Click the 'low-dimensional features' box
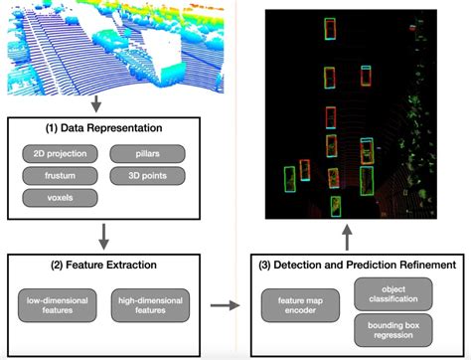(x=56, y=303)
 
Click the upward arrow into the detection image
(x=347, y=238)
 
